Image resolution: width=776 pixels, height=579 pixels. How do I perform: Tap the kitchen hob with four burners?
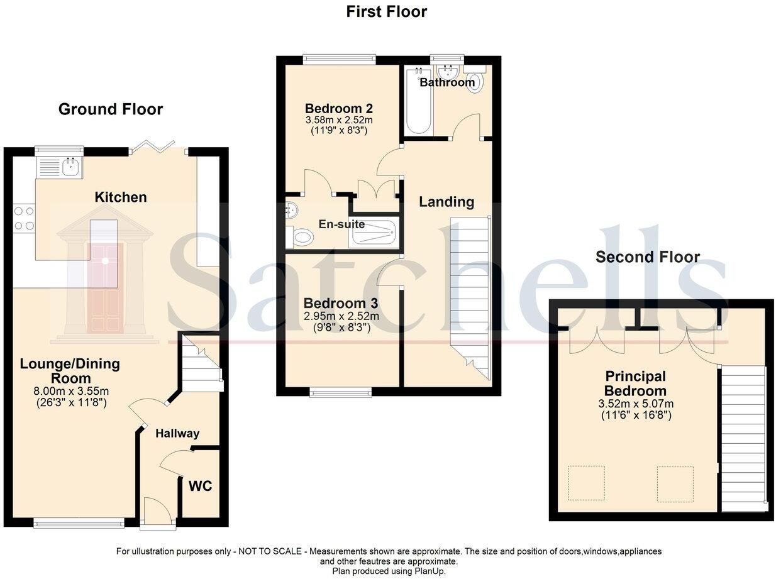click(x=24, y=218)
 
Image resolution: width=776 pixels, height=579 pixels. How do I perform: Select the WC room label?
click(x=200, y=486)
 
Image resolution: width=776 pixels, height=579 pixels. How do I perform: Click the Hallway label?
click(x=177, y=433)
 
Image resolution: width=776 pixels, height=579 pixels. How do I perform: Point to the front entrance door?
click(x=157, y=510)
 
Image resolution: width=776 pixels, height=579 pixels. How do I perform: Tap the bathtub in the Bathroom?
click(x=417, y=102)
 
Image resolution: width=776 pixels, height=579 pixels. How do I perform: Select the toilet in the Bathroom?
click(x=475, y=82)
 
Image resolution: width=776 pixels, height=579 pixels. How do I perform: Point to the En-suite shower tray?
click(x=374, y=233)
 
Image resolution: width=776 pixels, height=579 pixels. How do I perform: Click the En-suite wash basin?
click(x=291, y=211)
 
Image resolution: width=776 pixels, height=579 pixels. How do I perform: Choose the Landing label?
click(x=446, y=202)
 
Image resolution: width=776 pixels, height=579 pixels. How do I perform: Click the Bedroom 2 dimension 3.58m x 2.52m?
click(x=335, y=119)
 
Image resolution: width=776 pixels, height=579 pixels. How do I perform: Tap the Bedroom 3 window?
click(x=340, y=392)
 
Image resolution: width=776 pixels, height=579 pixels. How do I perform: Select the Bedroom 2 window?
click(x=339, y=60)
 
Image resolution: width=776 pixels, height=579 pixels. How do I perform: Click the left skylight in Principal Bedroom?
click(x=586, y=483)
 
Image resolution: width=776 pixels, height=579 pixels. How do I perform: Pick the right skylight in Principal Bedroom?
click(x=675, y=483)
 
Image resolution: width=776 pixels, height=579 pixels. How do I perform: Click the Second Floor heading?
click(x=647, y=256)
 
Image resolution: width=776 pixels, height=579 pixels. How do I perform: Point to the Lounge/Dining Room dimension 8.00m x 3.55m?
click(x=69, y=391)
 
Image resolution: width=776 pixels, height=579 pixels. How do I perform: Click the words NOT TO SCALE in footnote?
click(x=270, y=551)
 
